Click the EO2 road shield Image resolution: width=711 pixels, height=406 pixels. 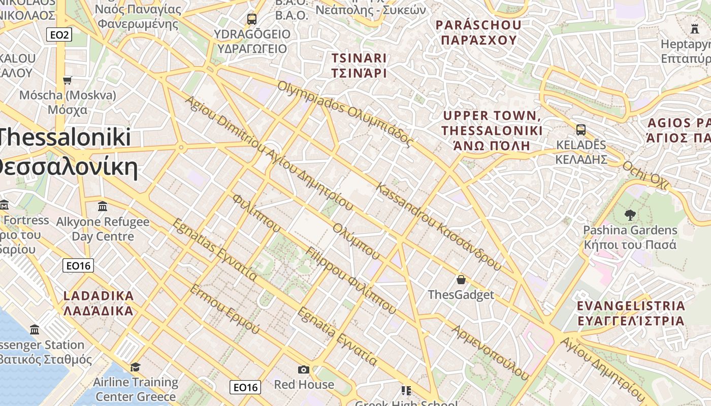point(59,35)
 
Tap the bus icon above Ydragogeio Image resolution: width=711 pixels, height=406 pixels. point(252,19)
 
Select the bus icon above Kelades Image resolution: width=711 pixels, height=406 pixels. point(581,129)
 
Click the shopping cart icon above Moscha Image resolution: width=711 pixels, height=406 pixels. point(67,80)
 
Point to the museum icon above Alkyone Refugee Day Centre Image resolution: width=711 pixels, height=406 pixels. point(103,207)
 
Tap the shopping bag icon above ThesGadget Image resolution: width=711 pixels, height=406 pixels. point(461,280)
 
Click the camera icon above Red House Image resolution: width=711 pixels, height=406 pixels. point(304,369)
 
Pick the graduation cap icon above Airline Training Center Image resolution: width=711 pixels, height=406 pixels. point(135,367)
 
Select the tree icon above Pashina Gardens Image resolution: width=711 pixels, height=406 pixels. point(630,215)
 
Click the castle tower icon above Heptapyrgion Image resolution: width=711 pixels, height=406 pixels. point(695,28)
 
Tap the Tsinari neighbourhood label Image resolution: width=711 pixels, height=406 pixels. point(359,65)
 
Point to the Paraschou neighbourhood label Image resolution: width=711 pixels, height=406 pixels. point(479,32)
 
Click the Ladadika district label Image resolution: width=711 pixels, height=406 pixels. point(99,303)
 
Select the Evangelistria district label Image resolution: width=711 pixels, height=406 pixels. point(631,313)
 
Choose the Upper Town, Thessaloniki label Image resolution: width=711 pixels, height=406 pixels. point(492,131)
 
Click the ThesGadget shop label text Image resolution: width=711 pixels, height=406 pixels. point(461,295)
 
